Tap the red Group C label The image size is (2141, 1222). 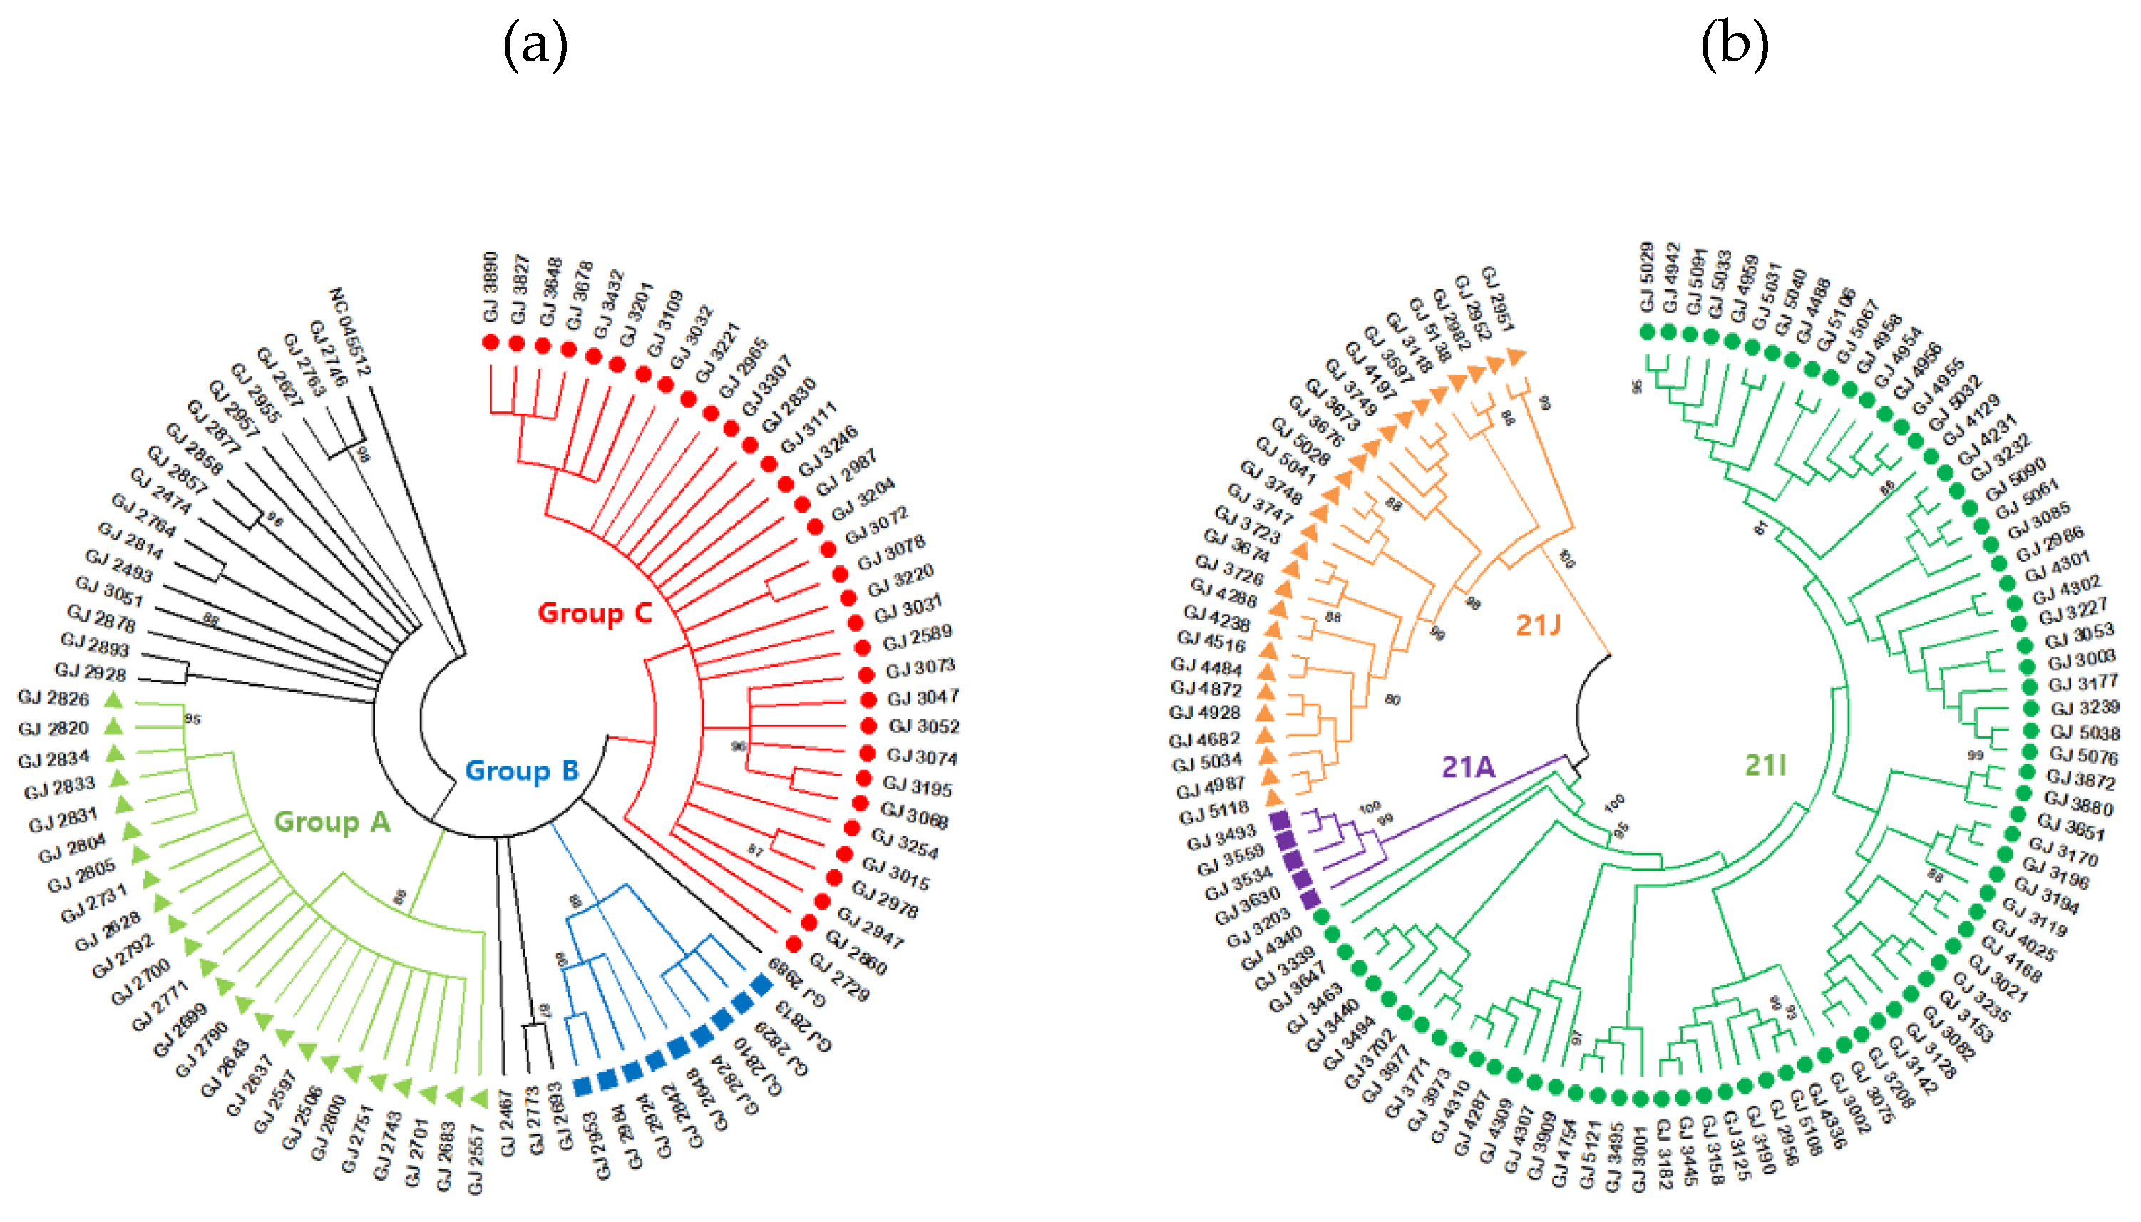[x=594, y=612]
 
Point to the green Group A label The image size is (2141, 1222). [x=332, y=821]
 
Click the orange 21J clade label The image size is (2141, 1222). [x=1538, y=625]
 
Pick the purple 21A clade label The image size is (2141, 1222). [x=1468, y=766]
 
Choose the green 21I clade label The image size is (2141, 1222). [x=1765, y=764]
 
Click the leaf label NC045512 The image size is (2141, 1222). [x=350, y=332]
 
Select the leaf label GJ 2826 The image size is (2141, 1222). [x=53, y=697]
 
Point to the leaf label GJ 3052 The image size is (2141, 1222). [x=923, y=726]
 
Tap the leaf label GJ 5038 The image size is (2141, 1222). [x=2085, y=733]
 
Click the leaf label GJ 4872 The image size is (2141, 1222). [x=1206, y=689]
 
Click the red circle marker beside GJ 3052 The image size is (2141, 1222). [x=868, y=726]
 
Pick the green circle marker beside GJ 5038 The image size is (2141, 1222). [x=2031, y=732]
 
